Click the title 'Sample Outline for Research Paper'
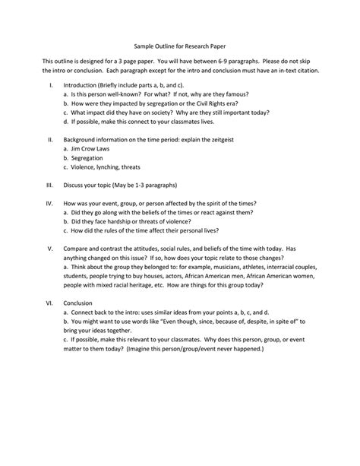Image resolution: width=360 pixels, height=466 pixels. point(179,45)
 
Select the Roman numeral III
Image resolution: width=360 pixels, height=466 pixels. point(49,183)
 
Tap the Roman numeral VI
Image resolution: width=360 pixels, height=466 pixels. point(49,302)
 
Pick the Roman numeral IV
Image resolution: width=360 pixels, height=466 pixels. point(49,204)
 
